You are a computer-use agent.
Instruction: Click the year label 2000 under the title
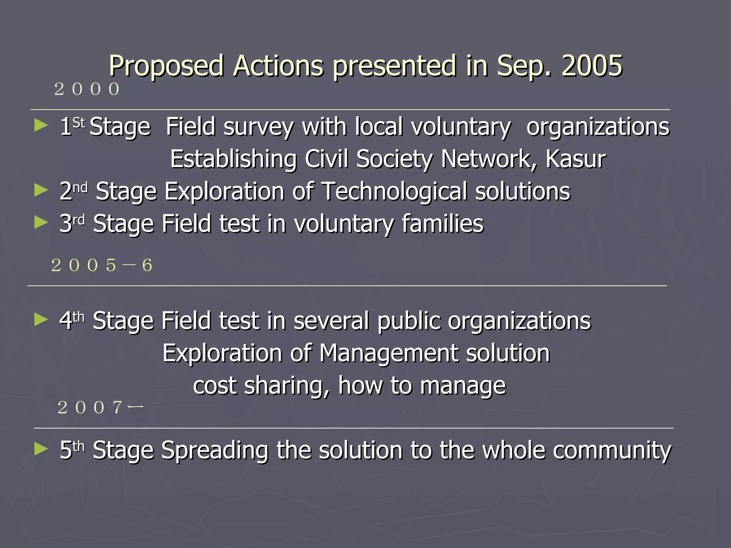[87, 89]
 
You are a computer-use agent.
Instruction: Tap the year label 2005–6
[102, 265]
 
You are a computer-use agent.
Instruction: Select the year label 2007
[100, 407]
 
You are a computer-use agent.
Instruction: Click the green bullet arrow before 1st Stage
[41, 126]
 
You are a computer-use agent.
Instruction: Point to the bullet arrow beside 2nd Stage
[41, 190]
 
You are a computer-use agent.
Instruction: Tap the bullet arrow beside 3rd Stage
[41, 223]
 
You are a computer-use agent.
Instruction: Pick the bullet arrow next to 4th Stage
[41, 320]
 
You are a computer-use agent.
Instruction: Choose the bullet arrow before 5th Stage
[41, 449]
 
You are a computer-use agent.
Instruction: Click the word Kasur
[575, 159]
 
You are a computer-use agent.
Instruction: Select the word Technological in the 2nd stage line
[394, 191]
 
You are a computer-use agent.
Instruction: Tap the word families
[443, 224]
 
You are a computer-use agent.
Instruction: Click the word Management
[388, 353]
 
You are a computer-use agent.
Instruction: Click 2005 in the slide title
[592, 66]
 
